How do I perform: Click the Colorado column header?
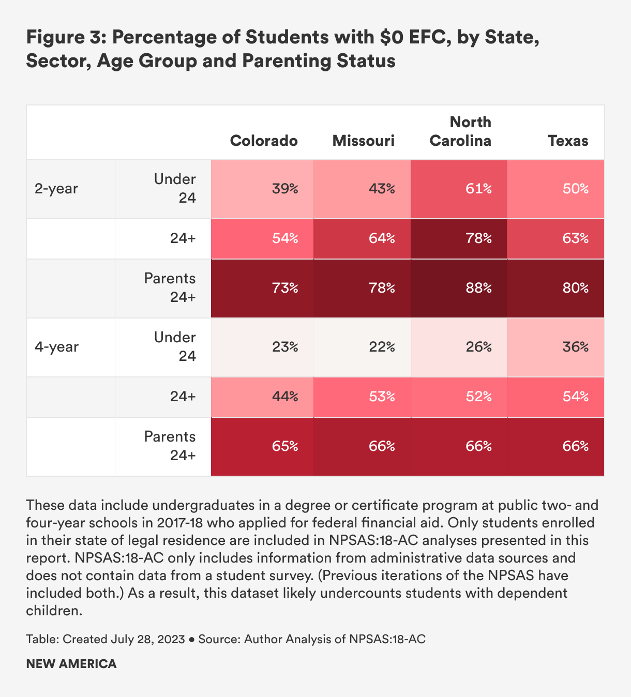click(x=264, y=141)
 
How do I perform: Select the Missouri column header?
click(x=363, y=141)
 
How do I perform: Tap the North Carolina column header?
click(x=460, y=131)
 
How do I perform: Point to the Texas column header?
click(x=568, y=141)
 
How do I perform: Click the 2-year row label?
click(x=56, y=189)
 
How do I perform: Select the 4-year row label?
click(x=56, y=346)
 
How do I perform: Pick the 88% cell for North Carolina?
click(x=478, y=288)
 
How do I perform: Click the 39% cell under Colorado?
click(x=285, y=189)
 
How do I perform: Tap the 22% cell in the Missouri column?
click(x=382, y=346)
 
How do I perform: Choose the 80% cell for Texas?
click(x=575, y=288)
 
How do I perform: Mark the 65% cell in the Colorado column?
click(x=285, y=446)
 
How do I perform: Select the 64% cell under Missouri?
click(x=382, y=238)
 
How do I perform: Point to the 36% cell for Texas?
click(x=575, y=346)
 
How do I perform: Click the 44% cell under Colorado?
click(x=285, y=397)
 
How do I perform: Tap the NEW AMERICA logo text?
click(x=71, y=664)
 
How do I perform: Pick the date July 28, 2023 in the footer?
click(x=147, y=639)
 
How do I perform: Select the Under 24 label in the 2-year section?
click(x=175, y=189)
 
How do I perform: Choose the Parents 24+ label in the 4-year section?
click(x=170, y=446)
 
